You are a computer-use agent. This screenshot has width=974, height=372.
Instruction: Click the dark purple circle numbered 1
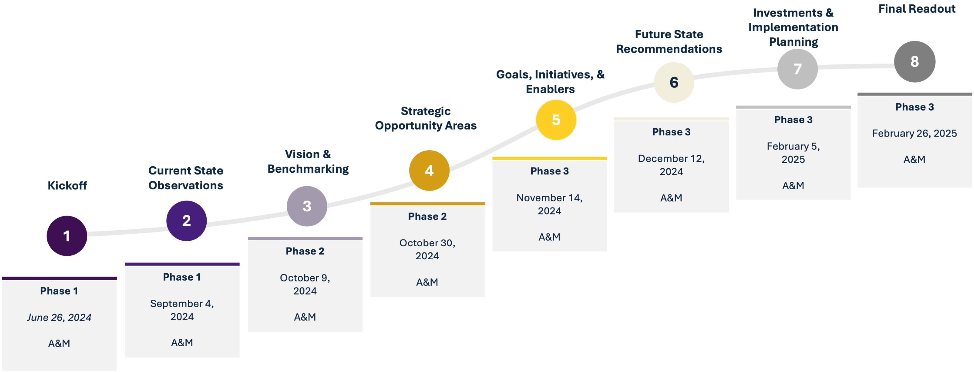pos(67,236)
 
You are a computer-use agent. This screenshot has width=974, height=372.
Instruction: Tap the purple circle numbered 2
pos(187,221)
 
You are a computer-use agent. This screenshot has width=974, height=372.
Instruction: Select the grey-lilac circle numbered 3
pos(307,206)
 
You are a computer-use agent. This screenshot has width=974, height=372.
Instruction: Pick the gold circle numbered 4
pos(429,170)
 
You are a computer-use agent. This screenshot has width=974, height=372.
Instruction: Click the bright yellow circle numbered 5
pos(556,120)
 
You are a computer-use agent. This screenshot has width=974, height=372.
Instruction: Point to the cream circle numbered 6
pos(674,82)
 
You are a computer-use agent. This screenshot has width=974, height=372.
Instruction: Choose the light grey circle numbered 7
pos(797,69)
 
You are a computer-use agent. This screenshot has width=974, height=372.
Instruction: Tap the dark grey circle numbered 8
pos(915,62)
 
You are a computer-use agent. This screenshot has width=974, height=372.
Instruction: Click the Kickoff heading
pos(67,185)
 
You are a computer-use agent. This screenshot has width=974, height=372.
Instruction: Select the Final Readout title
pos(916,9)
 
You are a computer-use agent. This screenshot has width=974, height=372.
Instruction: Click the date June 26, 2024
pos(59,317)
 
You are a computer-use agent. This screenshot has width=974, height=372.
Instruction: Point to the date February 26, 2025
pos(914,133)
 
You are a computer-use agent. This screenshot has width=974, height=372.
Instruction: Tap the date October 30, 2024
pos(427,249)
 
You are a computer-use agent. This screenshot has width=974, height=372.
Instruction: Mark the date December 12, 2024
pos(671,165)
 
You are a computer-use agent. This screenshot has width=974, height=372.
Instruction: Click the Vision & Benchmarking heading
pos(308,162)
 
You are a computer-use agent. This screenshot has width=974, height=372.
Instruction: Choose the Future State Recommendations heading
pos(669,42)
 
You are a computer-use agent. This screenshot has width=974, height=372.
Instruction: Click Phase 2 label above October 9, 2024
pos(305,251)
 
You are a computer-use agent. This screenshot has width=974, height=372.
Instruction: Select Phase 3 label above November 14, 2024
pos(549,171)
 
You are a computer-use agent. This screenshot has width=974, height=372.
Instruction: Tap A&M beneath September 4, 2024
pos(182,342)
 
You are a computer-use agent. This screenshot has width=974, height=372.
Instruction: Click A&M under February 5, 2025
pos(793,185)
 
